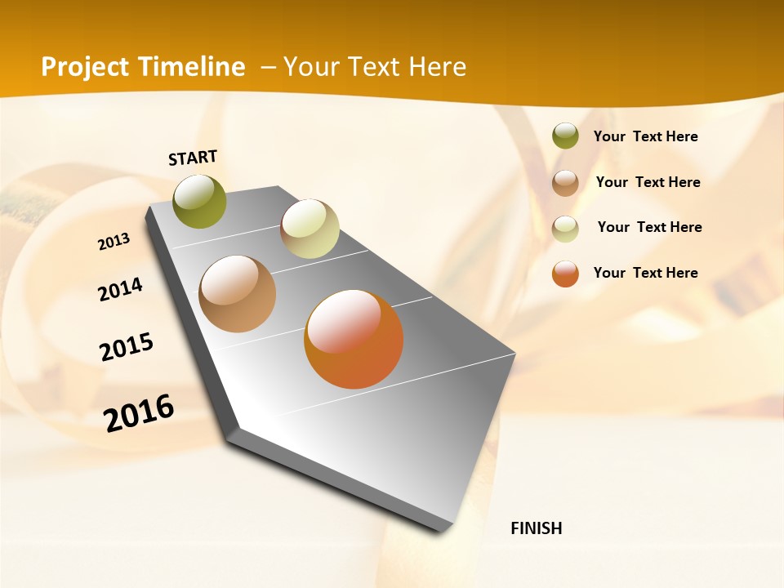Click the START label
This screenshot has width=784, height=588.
[193, 158]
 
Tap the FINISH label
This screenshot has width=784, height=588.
[537, 528]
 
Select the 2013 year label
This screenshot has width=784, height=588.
[114, 242]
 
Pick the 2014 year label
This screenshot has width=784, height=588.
[121, 289]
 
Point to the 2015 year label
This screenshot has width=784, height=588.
[127, 347]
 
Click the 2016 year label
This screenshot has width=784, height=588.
[139, 412]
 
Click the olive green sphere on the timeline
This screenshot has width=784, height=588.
[200, 201]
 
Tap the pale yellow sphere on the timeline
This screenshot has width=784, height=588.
[310, 229]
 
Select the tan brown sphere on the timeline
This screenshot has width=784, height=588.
[238, 294]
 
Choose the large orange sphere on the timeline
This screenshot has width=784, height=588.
[354, 339]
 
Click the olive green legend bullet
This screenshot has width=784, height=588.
[565, 136]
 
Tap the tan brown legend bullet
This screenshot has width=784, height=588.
[565, 183]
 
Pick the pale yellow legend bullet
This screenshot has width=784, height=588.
[565, 228]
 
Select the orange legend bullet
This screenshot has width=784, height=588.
[565, 274]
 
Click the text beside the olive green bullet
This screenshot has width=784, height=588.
[645, 136]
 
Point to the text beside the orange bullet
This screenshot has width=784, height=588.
[645, 273]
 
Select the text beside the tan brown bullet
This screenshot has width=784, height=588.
[648, 182]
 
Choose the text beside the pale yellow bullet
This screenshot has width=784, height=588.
[649, 227]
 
